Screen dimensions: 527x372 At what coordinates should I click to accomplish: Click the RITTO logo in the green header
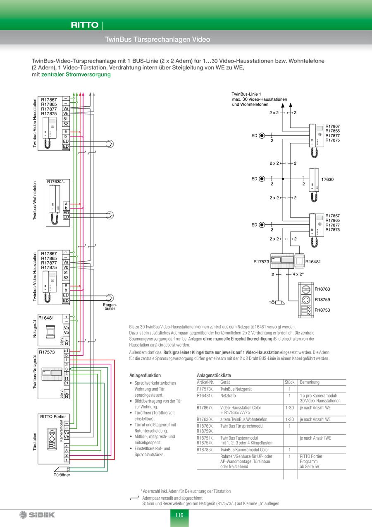[x=84, y=25]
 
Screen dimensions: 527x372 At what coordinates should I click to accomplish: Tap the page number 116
[x=179, y=515]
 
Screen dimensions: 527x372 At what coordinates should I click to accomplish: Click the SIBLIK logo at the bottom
[x=37, y=515]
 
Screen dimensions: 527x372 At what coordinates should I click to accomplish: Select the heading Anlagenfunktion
[x=145, y=375]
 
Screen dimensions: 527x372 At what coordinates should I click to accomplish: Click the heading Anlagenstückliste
[x=214, y=375]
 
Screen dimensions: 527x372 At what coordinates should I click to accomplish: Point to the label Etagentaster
[x=110, y=307]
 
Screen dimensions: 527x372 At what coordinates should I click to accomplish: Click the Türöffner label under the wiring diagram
[x=62, y=475]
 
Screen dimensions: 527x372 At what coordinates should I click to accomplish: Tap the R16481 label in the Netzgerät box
[x=46, y=318]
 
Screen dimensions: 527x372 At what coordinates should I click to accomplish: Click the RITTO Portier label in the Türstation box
[x=53, y=416]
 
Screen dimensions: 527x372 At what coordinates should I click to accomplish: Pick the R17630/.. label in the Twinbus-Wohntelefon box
[x=56, y=181]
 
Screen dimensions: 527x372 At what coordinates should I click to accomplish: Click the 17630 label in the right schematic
[x=327, y=179]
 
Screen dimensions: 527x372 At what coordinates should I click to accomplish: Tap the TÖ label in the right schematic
[x=272, y=303]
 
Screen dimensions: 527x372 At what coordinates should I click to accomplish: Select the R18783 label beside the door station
[x=322, y=289]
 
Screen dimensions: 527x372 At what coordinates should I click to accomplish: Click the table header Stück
[x=289, y=382]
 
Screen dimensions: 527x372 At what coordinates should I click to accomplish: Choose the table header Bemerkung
[x=310, y=382]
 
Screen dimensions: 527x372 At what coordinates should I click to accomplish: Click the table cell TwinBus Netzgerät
[x=236, y=389]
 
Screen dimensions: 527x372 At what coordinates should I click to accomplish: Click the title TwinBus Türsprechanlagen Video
[x=157, y=40]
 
